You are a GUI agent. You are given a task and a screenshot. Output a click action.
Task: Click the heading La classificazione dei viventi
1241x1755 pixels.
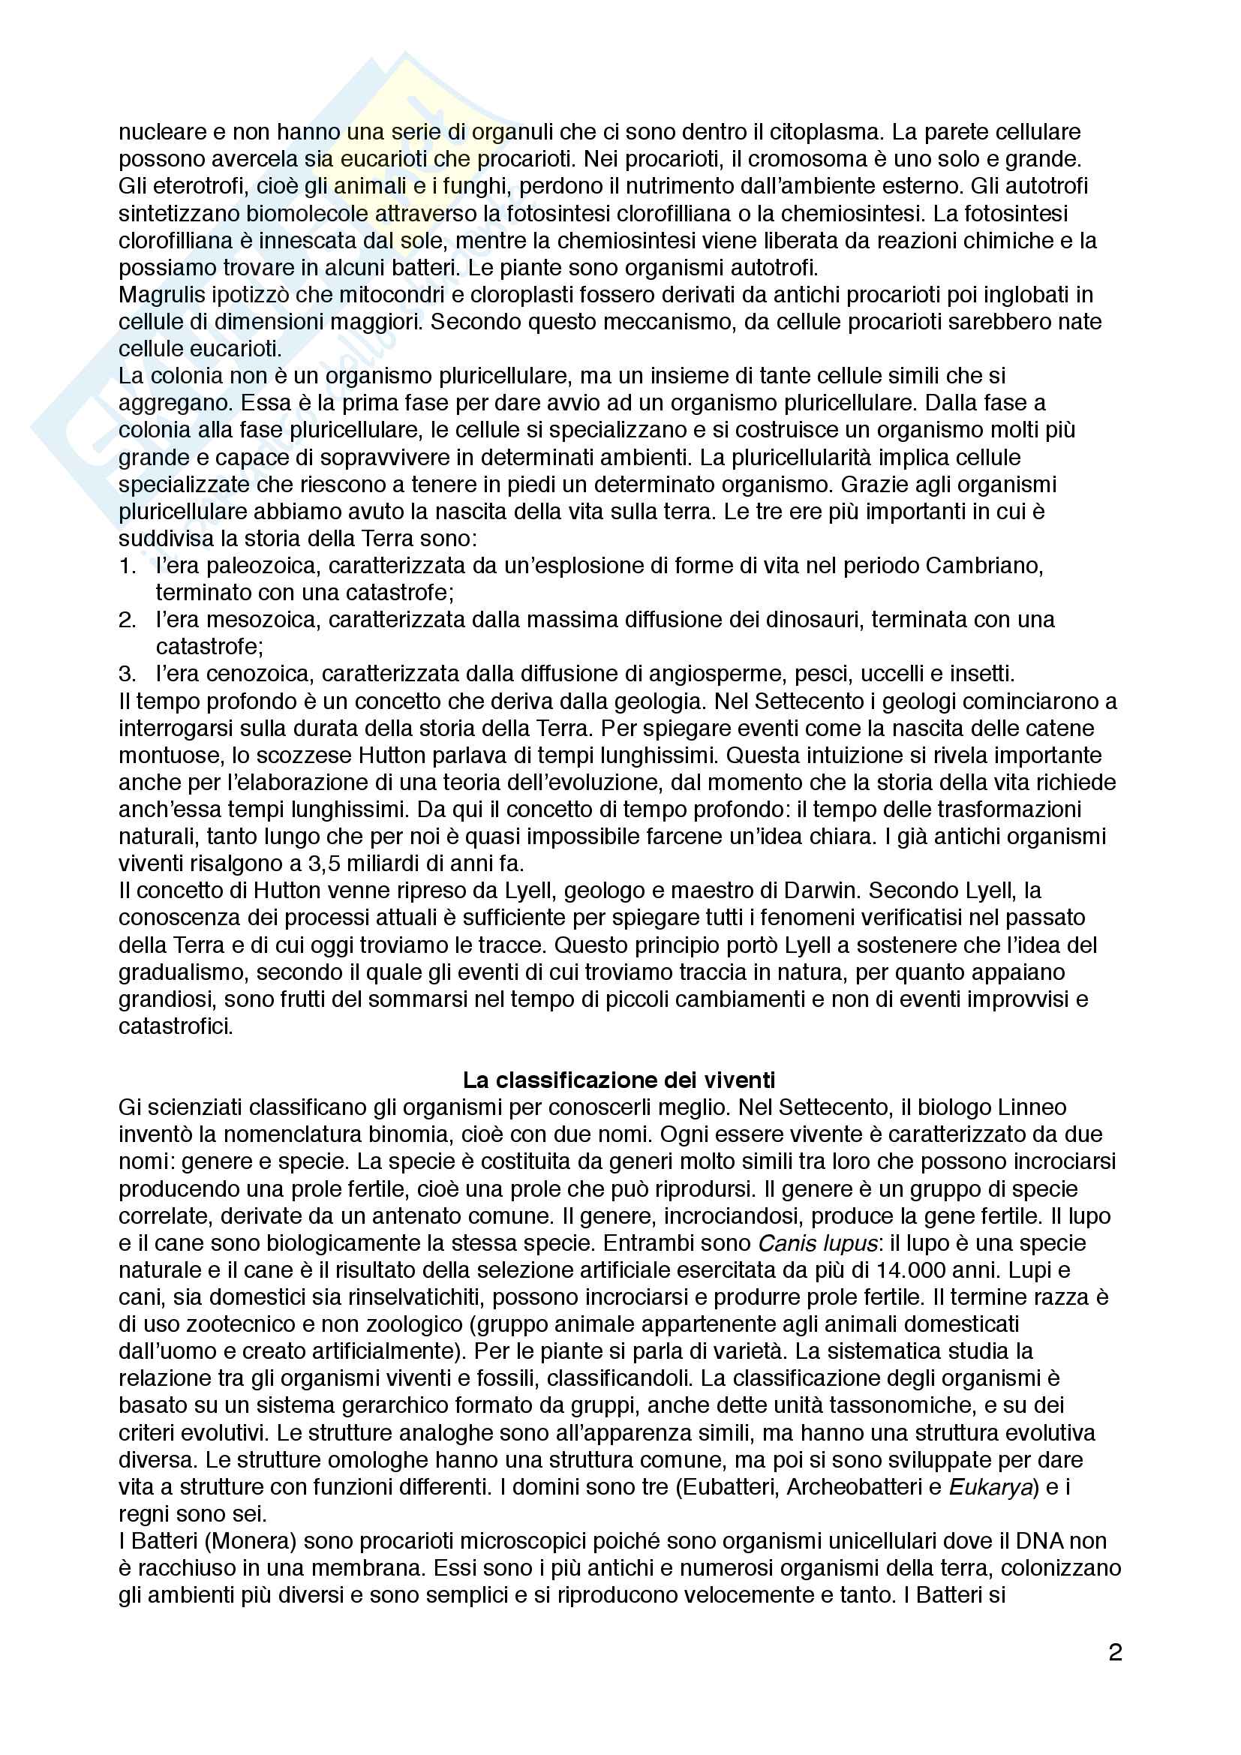coord(619,1080)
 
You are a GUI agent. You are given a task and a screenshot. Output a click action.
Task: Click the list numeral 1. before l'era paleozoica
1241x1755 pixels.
coord(128,566)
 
